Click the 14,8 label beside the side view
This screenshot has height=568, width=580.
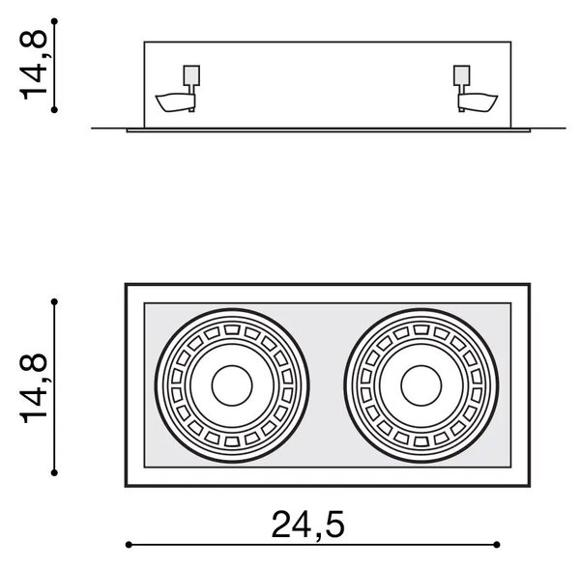(x=34, y=66)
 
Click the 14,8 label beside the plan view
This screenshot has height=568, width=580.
(x=34, y=388)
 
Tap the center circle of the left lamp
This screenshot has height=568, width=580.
(x=232, y=385)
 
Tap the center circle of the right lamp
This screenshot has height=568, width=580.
(x=420, y=385)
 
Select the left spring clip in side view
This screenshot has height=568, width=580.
(x=175, y=102)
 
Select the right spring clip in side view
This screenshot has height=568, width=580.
(x=478, y=102)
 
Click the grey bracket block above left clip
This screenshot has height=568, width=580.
(x=191, y=75)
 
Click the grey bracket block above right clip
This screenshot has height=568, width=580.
(x=462, y=75)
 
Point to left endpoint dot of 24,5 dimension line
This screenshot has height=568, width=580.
(x=129, y=545)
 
